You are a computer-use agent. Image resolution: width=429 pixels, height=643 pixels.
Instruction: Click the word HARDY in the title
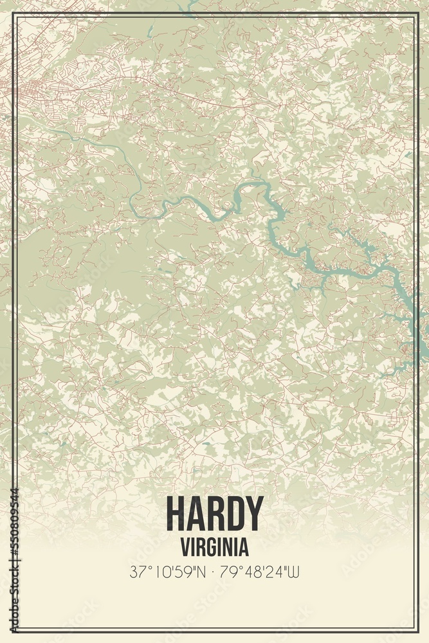pyautogui.click(x=215, y=514)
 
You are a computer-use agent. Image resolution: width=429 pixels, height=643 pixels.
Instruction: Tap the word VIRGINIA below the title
pyautogui.click(x=215, y=547)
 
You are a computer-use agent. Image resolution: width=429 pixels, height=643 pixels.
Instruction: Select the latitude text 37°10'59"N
pyautogui.click(x=167, y=571)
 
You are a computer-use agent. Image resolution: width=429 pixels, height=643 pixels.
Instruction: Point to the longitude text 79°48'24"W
pyautogui.click(x=261, y=571)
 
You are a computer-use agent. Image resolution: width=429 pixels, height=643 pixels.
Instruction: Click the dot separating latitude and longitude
pyautogui.click(x=214, y=571)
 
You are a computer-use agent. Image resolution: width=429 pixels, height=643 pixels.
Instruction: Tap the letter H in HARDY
pyautogui.click(x=175, y=514)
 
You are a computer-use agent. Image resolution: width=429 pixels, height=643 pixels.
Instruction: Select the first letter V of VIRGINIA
pyautogui.click(x=185, y=547)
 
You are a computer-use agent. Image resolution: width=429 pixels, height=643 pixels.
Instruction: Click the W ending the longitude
pyautogui.click(x=295, y=571)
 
